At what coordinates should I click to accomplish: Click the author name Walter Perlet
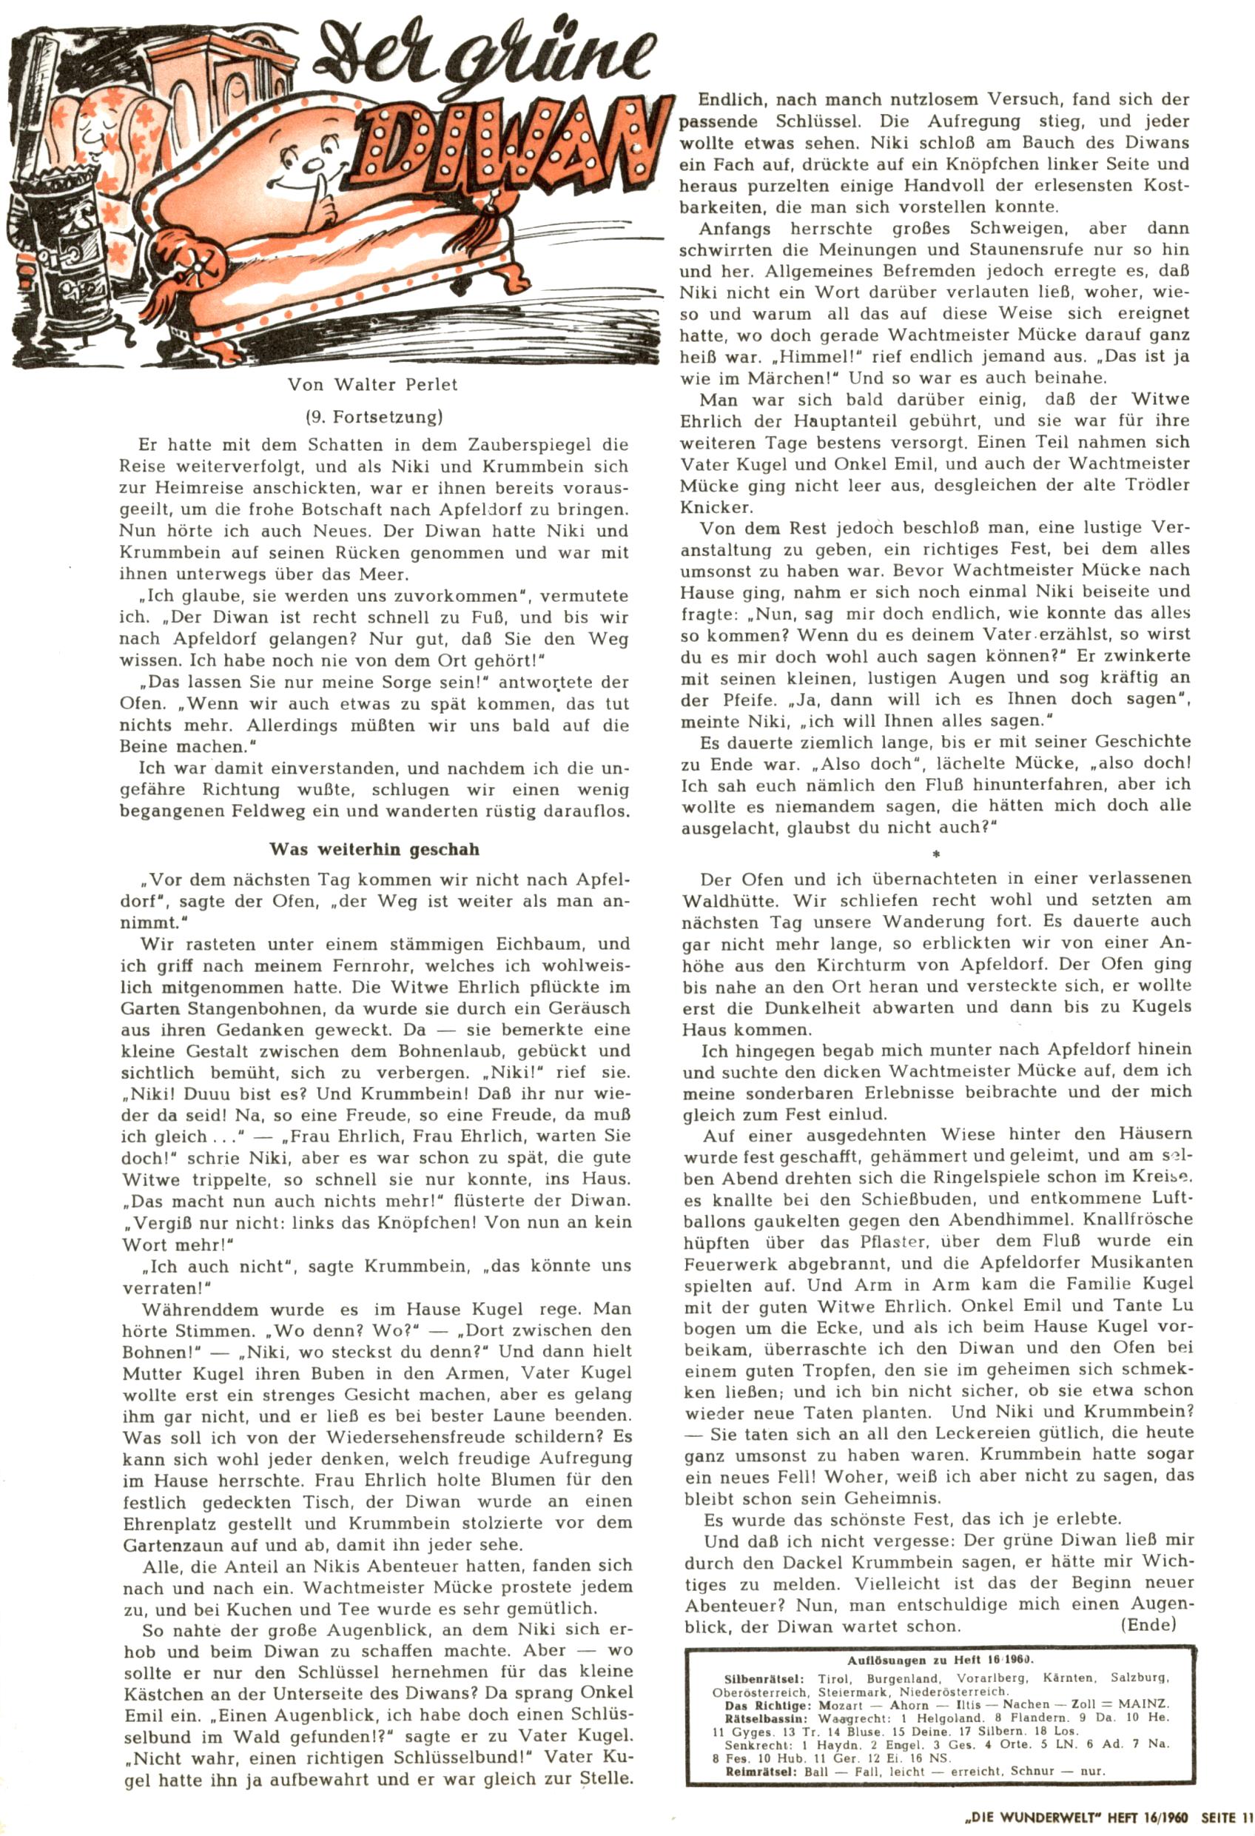coord(395,385)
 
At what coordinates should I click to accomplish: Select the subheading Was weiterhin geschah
coord(374,850)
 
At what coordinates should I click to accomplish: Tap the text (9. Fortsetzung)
coord(374,416)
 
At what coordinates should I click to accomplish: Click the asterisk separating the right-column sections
coord(936,854)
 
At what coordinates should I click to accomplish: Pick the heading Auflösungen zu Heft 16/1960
coord(940,1660)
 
